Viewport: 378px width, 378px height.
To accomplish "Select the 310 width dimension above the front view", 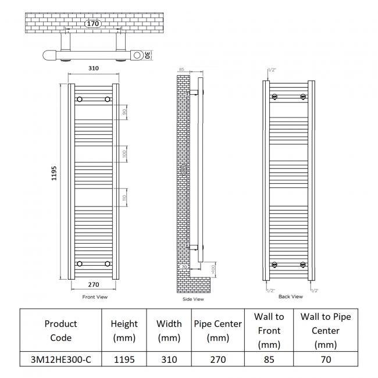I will click(x=93, y=69).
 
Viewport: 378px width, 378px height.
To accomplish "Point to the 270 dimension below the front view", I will click(x=93, y=285).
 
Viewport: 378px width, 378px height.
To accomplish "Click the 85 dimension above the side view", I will click(x=181, y=70).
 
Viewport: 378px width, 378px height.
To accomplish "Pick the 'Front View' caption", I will click(x=95, y=297).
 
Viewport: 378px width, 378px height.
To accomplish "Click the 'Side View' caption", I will click(x=193, y=299).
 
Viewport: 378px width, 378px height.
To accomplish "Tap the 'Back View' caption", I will click(x=290, y=297).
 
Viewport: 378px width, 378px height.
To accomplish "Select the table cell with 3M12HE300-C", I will click(x=60, y=359).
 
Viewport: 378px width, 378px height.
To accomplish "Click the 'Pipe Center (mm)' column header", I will click(x=217, y=330).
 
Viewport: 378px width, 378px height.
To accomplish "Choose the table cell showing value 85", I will click(x=269, y=359).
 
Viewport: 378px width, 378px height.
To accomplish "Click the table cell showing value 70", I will click(x=325, y=359).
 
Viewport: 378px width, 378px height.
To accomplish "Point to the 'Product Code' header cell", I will click(x=60, y=330).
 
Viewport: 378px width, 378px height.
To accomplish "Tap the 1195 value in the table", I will click(x=124, y=359).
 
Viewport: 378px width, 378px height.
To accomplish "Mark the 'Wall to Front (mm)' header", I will click(x=269, y=330).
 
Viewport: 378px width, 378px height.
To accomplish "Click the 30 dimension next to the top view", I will click(x=148, y=55).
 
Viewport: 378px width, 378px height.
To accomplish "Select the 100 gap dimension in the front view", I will click(x=124, y=154).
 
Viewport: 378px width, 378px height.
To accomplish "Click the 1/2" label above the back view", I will click(x=272, y=70).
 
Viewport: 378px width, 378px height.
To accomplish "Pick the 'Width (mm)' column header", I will click(x=169, y=330).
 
